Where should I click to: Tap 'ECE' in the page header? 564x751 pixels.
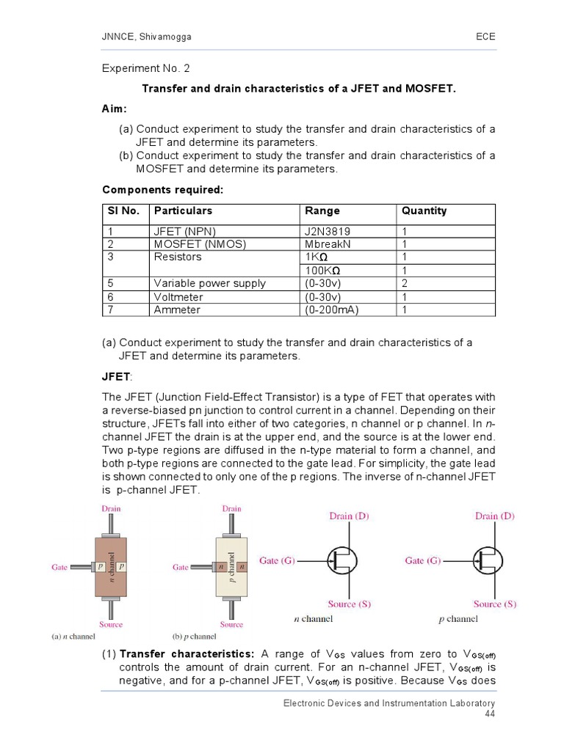[485, 37]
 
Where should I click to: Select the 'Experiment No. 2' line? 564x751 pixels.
[145, 68]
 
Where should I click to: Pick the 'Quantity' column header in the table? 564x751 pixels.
[424, 210]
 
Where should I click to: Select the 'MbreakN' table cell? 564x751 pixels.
[329, 243]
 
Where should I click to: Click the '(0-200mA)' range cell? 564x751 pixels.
[332, 309]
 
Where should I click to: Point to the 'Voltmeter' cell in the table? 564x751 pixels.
[178, 297]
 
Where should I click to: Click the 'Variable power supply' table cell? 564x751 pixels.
[209, 283]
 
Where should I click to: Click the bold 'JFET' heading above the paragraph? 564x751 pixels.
[116, 377]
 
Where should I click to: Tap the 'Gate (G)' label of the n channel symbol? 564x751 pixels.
[278, 560]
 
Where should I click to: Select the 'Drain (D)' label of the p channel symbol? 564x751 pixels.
[496, 516]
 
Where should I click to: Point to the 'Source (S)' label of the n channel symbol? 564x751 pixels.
[349, 604]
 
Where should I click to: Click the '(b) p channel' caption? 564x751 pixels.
[195, 637]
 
